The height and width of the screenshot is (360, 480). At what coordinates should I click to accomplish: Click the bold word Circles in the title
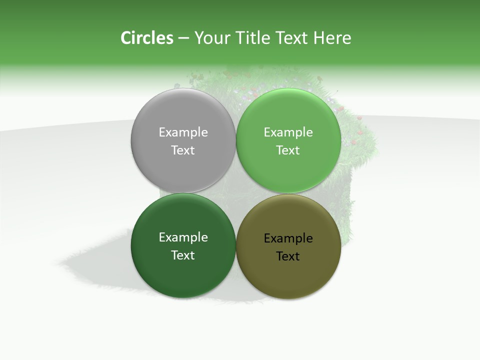pos(146,38)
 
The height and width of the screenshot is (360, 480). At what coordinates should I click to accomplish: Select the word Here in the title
pos(332,38)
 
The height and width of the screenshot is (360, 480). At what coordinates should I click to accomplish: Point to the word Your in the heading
pos(211,38)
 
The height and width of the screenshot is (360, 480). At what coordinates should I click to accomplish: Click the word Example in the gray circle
pos(183,132)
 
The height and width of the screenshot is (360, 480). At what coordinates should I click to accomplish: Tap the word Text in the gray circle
pos(183,150)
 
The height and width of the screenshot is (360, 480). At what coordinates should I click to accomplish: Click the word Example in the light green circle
pos(288,132)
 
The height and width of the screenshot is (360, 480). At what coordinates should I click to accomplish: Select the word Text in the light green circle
pos(288,150)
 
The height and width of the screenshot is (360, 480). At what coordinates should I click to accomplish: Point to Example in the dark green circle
pos(183,237)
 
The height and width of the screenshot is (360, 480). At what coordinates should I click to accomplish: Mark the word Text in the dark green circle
pos(183,255)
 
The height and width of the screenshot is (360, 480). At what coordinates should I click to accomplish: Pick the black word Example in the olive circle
pos(288,238)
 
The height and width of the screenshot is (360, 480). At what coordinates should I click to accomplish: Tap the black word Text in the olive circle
pos(288,256)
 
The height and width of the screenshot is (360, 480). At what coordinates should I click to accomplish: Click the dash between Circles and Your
pos(183,38)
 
